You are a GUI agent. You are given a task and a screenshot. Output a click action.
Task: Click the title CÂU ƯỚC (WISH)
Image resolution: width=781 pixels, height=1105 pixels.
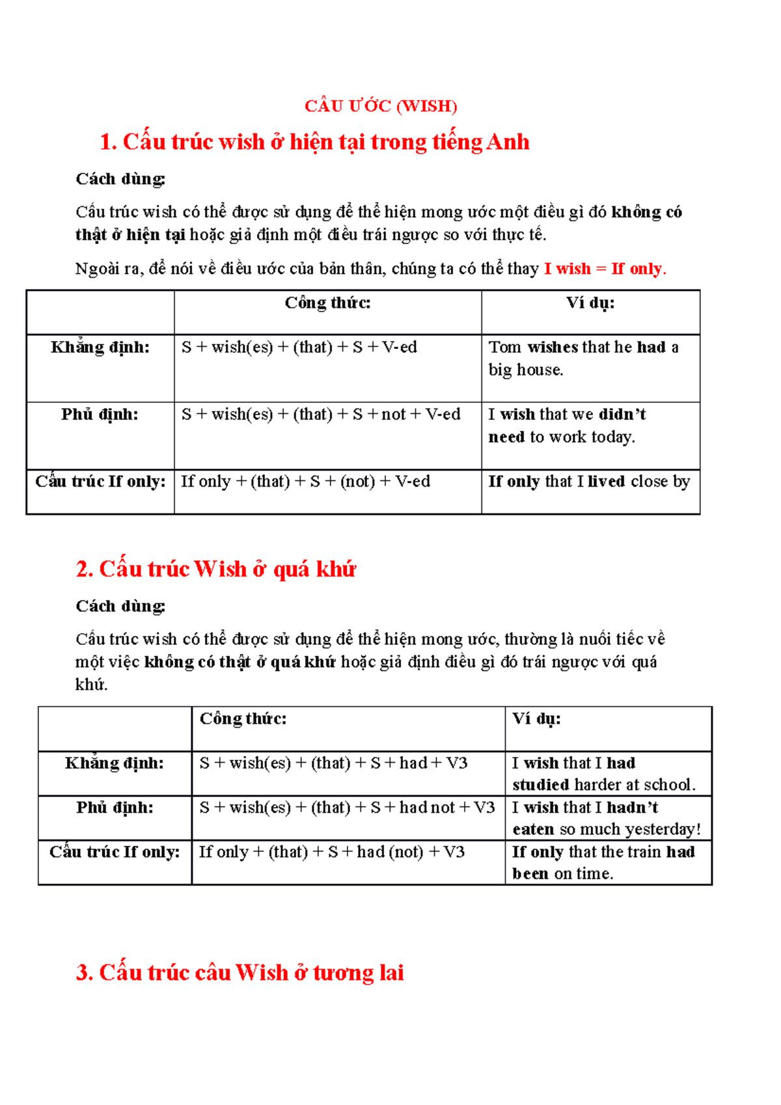point(381,106)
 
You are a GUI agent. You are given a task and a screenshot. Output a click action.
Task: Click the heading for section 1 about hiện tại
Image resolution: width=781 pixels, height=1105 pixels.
point(314,142)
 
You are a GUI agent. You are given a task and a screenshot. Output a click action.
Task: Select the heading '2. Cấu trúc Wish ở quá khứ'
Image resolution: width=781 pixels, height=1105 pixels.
point(215,569)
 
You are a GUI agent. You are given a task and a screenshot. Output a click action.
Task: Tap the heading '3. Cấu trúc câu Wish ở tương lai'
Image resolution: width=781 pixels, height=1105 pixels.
point(240,972)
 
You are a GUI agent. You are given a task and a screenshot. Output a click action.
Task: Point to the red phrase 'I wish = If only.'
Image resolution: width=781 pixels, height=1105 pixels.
point(605,269)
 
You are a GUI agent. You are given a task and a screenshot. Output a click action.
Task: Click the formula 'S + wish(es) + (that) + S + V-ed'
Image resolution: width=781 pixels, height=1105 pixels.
point(299,348)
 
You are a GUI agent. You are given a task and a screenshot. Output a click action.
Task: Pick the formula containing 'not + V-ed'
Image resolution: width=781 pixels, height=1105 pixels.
point(321,415)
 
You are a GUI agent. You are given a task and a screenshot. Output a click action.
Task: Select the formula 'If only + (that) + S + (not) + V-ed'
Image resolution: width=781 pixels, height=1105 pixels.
point(305,482)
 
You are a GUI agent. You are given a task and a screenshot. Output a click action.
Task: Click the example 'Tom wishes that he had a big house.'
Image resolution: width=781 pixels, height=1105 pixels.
point(583,359)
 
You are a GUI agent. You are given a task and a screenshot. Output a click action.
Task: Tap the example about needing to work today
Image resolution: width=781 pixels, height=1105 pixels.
point(567,426)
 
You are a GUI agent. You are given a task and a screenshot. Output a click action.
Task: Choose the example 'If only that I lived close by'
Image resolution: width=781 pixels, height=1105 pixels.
point(589,482)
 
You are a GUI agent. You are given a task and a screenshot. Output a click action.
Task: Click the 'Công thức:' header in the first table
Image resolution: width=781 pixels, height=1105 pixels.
point(327,303)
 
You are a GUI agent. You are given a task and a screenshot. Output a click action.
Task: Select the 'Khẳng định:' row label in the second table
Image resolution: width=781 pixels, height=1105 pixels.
point(115,763)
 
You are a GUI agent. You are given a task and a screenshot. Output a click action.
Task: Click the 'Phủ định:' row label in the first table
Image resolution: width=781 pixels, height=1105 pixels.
point(100,415)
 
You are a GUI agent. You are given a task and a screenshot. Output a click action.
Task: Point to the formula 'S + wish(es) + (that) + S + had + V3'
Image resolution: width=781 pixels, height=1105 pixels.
point(333,763)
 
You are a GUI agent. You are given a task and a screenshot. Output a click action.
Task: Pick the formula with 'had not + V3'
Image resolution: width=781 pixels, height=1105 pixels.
point(347,808)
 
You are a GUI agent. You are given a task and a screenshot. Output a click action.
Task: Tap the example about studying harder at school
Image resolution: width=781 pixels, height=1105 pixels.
point(603,774)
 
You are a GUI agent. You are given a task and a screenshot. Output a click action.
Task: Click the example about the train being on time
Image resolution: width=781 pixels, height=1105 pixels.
point(603,862)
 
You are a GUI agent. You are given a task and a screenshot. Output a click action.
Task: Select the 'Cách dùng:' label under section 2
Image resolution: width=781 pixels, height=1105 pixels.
point(120,607)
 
